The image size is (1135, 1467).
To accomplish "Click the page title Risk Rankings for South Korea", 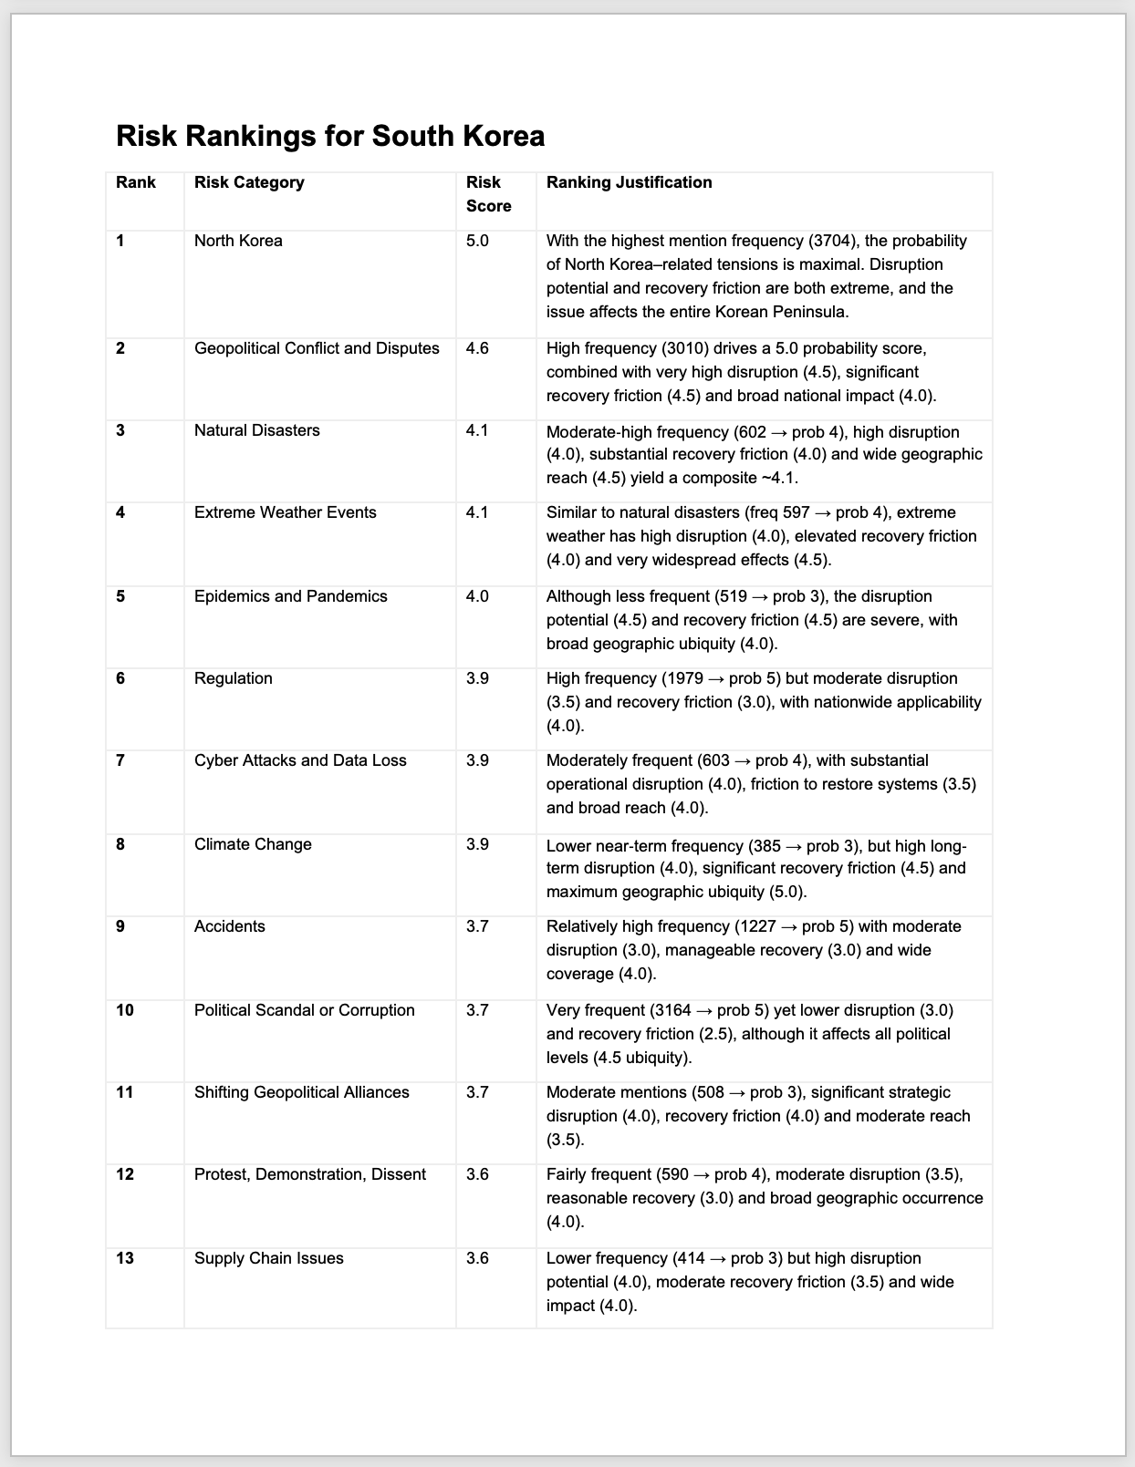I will tap(330, 137).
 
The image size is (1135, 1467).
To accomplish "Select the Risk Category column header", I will tap(249, 182).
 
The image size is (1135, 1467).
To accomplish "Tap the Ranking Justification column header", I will tap(629, 182).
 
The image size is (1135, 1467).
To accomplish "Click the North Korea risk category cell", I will tap(238, 241).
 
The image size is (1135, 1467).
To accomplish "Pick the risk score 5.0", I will tap(477, 241).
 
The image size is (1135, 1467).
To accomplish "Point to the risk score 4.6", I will tap(477, 348).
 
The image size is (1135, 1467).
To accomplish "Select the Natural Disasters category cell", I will tap(256, 430).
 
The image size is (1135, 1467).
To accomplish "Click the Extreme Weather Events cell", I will tap(285, 512).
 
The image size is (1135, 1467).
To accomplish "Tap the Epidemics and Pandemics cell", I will tap(290, 596).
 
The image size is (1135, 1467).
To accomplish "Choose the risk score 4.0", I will tap(477, 596).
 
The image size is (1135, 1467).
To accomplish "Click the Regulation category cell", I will tap(233, 678).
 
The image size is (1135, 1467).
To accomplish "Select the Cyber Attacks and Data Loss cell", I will tap(300, 760).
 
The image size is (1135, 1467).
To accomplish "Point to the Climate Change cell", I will tap(253, 844).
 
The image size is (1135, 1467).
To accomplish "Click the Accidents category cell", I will tap(229, 926).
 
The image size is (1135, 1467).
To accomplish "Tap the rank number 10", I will tap(125, 1010).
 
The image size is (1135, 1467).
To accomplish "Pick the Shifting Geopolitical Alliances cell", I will tap(301, 1092).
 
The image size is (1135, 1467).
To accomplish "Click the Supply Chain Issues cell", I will tap(268, 1258).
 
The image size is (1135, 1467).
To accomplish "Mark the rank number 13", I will tap(125, 1258).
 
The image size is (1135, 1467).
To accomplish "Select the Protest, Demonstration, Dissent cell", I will tap(309, 1174).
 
